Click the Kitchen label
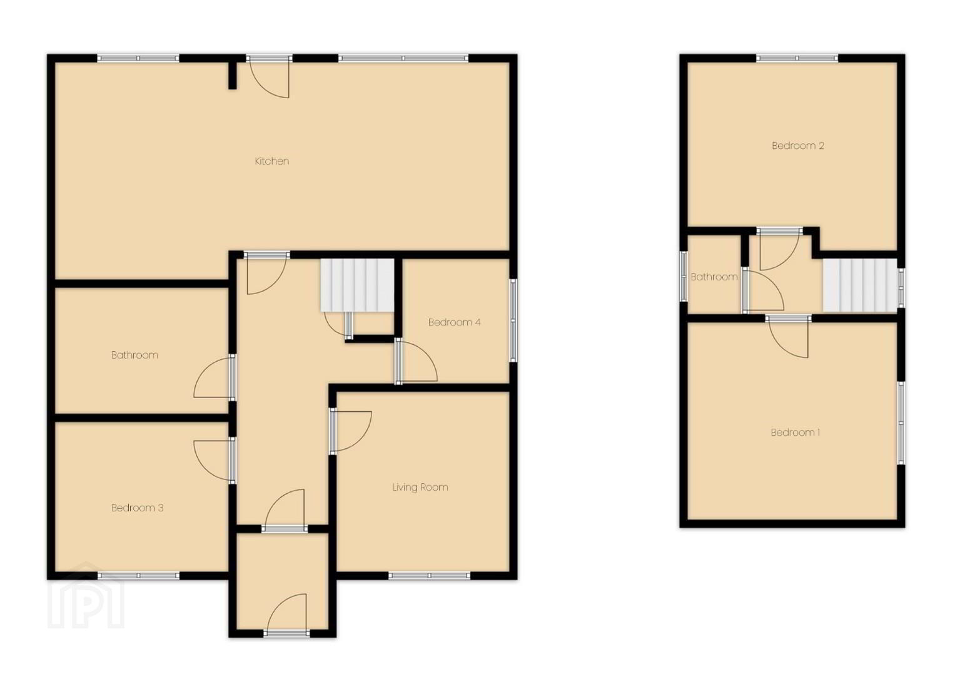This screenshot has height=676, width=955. [x=271, y=161]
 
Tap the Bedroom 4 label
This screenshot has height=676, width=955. [x=454, y=322]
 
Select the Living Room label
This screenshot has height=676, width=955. [x=420, y=487]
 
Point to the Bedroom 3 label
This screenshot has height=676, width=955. [x=137, y=508]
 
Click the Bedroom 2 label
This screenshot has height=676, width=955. [x=797, y=145]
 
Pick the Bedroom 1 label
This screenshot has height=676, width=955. [x=795, y=433]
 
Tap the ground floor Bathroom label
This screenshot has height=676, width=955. [x=134, y=355]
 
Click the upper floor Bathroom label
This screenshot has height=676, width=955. [x=714, y=277]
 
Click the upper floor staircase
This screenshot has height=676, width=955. [x=861, y=285]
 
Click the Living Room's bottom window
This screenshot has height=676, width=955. [x=429, y=576]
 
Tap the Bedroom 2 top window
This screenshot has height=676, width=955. [x=797, y=58]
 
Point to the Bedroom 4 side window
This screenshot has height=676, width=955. [x=513, y=320]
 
